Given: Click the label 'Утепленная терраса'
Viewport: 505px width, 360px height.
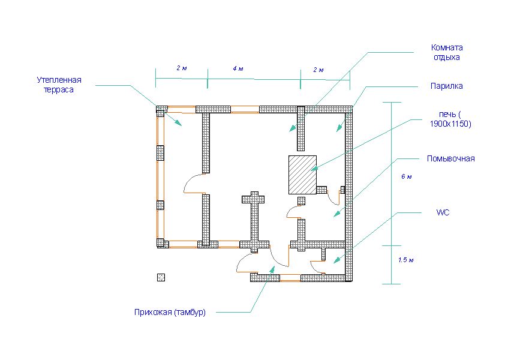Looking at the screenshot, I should [58, 84].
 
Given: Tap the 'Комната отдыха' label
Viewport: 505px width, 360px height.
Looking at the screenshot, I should [447, 52].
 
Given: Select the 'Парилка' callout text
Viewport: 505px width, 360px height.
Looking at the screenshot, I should [446, 86].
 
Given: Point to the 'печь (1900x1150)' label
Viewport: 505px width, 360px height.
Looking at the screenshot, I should [450, 119].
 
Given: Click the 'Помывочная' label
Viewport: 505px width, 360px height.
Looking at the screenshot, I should [450, 158].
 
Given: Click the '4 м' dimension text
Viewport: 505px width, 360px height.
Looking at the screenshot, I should [238, 69].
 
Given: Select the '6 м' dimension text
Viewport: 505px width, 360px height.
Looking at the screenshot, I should [407, 176].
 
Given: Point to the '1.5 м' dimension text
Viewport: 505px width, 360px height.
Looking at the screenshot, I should [406, 260].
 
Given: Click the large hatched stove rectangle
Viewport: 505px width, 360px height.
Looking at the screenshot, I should [302, 174].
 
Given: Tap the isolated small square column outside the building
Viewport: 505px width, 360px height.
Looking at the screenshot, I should [161, 277].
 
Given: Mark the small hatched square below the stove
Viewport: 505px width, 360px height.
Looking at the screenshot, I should [302, 200].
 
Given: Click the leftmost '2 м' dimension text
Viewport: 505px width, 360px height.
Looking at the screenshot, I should [181, 68].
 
